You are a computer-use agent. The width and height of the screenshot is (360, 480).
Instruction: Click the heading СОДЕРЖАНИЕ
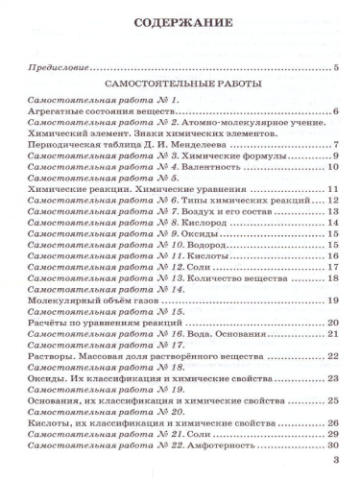(180, 21)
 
